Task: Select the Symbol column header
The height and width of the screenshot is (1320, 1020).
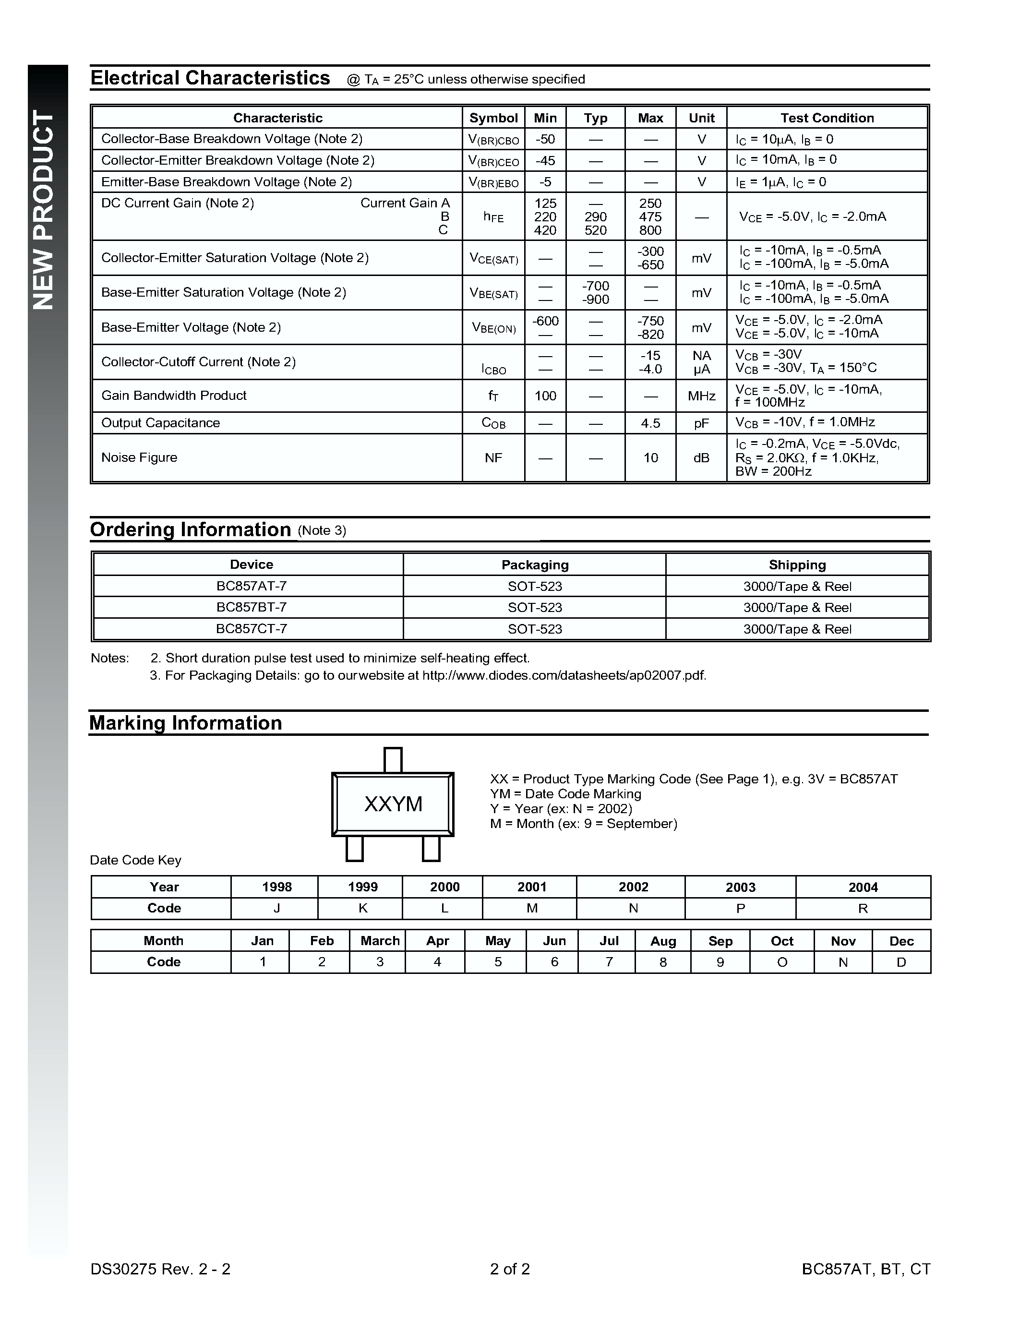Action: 493,118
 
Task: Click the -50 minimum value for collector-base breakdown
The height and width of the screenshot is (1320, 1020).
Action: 545,139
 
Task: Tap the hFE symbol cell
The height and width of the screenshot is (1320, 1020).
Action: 493,217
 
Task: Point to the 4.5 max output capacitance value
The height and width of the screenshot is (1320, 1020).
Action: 650,423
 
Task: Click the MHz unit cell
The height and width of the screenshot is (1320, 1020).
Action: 701,396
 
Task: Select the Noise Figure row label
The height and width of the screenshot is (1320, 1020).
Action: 139,457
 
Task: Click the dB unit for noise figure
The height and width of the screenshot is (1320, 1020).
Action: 701,458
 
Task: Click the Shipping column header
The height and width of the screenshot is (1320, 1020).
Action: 797,564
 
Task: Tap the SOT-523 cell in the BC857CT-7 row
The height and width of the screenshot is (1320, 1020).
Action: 535,629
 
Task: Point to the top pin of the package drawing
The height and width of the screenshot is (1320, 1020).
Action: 393,760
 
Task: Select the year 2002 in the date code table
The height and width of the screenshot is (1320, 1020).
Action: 633,887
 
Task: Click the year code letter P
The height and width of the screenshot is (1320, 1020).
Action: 740,909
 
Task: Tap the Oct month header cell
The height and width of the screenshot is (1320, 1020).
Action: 781,941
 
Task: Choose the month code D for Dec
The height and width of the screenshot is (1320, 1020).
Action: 901,962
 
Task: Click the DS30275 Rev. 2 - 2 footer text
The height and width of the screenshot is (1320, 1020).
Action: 160,1269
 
